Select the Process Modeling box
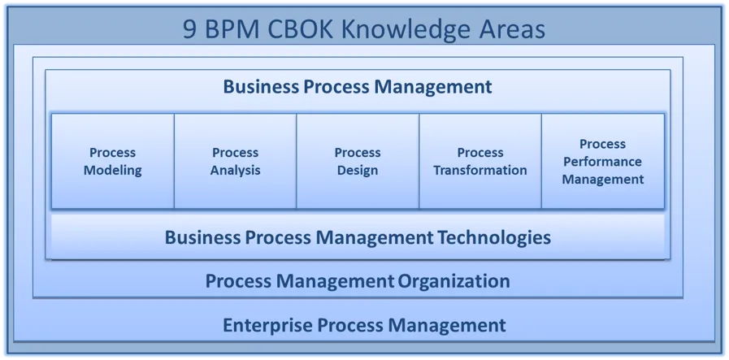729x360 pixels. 112,161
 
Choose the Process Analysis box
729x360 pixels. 235,161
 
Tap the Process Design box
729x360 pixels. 358,161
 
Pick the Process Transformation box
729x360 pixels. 480,161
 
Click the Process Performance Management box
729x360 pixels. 603,161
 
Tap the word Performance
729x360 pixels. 603,162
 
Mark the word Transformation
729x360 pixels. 480,170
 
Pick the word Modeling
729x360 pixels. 112,171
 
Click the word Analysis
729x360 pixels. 235,171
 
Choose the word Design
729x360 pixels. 358,171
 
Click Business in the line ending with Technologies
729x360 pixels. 202,237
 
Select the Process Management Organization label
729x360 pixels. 358,281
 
